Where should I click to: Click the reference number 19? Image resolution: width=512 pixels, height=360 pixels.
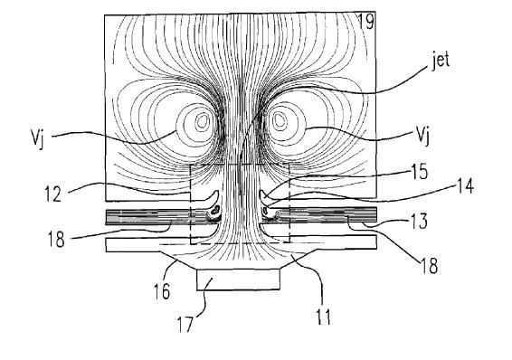pos(366,22)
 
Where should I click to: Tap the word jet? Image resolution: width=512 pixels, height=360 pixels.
pos(441,61)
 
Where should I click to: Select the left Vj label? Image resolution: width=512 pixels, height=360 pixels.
pos(38,139)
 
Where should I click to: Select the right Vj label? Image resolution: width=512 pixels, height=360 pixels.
pos(422,136)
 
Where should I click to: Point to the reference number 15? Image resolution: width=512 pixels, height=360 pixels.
pos(419,172)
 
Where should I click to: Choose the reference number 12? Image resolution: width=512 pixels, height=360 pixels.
pos(53,194)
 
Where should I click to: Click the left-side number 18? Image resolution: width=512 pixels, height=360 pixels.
pos(56,239)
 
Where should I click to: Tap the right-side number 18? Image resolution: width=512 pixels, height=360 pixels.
pos(429,265)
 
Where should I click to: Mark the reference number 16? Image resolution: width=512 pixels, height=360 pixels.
pos(162,291)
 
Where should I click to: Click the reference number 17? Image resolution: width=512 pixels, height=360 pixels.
pos(185,324)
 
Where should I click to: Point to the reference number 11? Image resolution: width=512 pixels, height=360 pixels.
pos(323,316)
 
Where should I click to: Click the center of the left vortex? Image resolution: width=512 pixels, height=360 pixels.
pos(202,121)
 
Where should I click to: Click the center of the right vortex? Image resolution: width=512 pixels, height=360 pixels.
pos(280,120)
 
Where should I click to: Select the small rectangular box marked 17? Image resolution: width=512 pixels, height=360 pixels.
pos(238,279)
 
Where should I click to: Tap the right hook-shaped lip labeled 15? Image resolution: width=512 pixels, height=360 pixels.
pos(263,196)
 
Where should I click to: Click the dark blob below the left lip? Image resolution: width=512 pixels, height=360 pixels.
pos(215,211)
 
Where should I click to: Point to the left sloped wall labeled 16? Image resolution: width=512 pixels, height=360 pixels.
pos(177,261)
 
